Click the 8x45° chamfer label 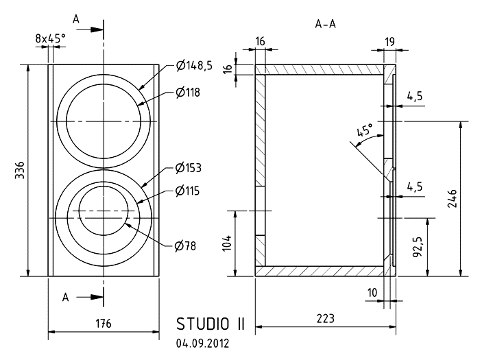pos(50,39)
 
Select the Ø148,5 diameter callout pos(194,66)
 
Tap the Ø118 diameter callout pos(188,91)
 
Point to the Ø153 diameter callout pos(188,167)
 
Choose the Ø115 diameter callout pos(187,191)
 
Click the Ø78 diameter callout pos(185,245)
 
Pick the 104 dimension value pos(228,243)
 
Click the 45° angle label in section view pos(365,130)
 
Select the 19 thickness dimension pos(389,42)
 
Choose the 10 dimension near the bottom pos(372,293)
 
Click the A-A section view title pos(325,23)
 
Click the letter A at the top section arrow pos(77,21)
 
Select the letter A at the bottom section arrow pos(67,298)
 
